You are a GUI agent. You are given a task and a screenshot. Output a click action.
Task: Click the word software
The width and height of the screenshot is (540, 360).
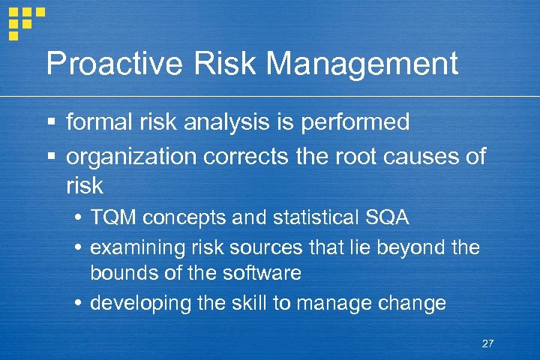[x=262, y=273]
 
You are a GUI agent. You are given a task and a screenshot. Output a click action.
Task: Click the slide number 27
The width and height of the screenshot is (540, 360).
[x=487, y=343]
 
